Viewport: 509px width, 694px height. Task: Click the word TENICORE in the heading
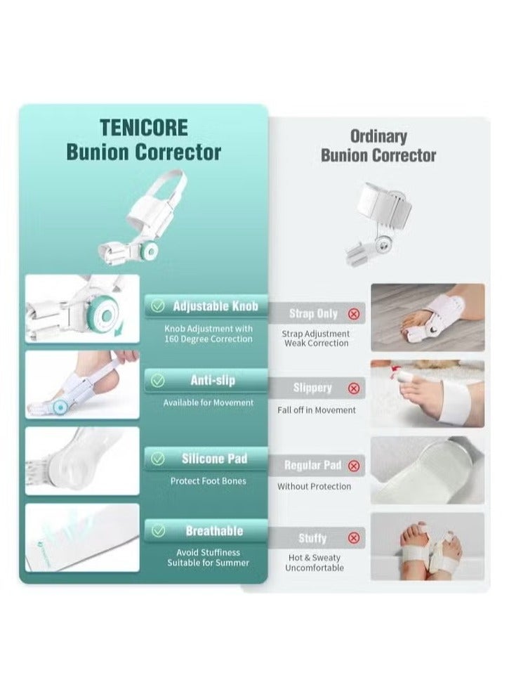click(143, 128)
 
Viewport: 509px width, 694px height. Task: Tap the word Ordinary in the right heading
click(378, 136)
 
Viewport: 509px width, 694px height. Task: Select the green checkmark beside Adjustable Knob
click(159, 306)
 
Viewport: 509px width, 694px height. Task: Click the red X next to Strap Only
click(354, 314)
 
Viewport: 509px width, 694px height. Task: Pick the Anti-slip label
click(212, 380)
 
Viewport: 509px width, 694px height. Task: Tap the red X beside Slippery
click(354, 388)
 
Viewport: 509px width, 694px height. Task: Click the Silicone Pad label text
click(214, 459)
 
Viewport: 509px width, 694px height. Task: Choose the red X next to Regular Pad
click(354, 465)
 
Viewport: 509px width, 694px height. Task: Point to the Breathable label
click(214, 531)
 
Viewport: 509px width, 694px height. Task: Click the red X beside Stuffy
click(354, 538)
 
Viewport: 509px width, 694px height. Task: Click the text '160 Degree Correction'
click(209, 339)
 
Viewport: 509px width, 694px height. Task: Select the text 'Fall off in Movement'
click(316, 410)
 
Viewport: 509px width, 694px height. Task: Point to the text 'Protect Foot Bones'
click(209, 481)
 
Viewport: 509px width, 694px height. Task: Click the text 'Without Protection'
click(314, 486)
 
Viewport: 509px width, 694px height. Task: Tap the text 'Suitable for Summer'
click(208, 563)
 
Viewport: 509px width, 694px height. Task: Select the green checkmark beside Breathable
click(159, 531)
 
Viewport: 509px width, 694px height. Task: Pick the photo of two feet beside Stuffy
click(427, 546)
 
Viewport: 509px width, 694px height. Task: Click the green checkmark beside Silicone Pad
click(159, 459)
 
